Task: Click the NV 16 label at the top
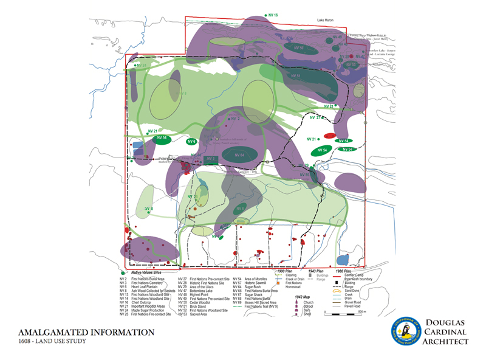click(x=272, y=15)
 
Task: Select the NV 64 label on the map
click(x=238, y=155)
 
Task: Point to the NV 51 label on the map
click(x=296, y=76)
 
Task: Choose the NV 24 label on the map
click(x=141, y=65)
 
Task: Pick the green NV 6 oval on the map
click(x=192, y=142)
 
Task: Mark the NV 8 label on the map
click(x=148, y=209)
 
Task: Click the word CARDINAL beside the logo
click(x=445, y=333)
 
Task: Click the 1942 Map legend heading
click(x=304, y=297)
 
